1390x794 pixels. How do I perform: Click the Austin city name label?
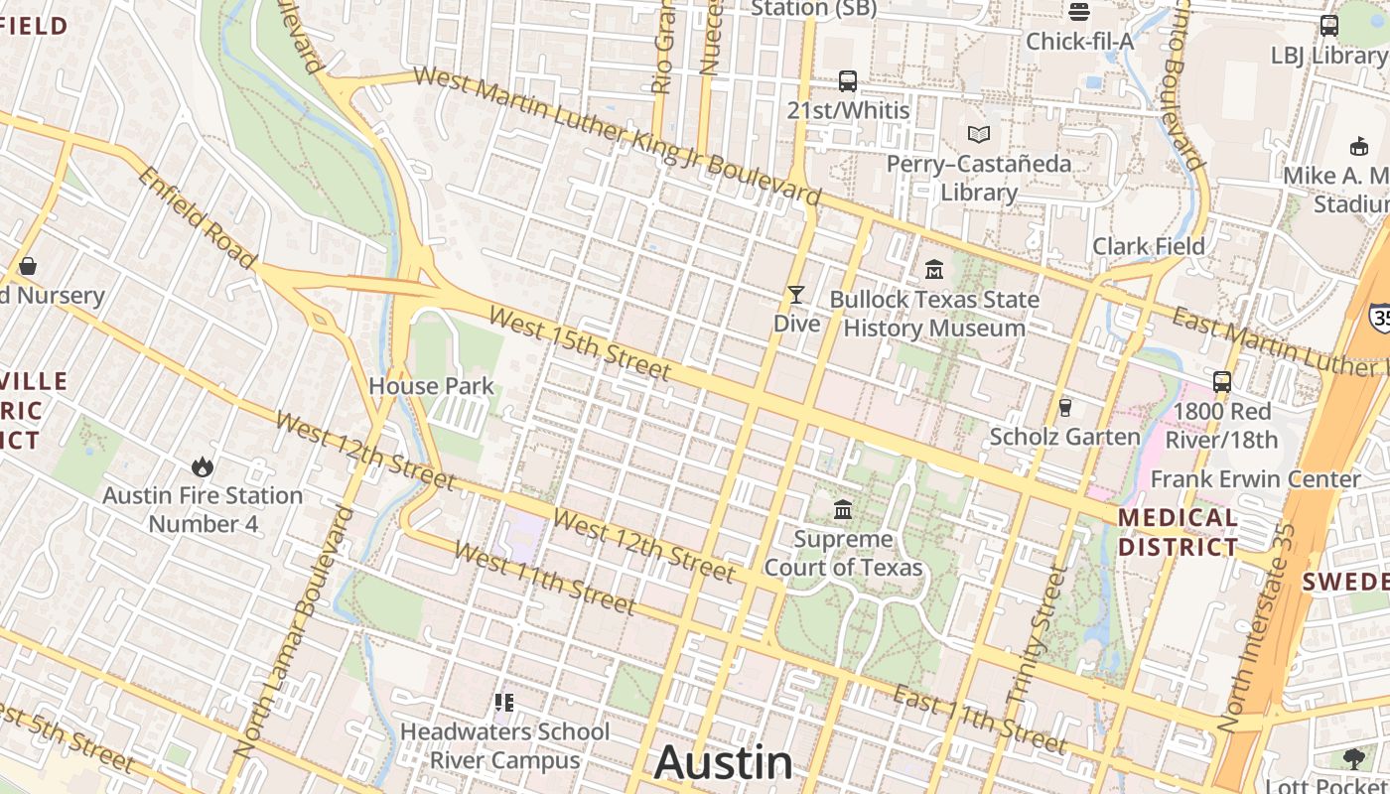pyautogui.click(x=724, y=762)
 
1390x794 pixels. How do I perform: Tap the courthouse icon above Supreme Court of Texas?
pyautogui.click(x=843, y=510)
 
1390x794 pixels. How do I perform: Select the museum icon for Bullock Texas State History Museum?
pyautogui.click(x=934, y=269)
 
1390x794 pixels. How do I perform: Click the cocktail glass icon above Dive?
pyautogui.click(x=796, y=295)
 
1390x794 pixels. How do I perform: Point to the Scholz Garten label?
pyautogui.click(x=1065, y=437)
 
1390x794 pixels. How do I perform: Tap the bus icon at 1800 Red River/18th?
pyautogui.click(x=1222, y=382)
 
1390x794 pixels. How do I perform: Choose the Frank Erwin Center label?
pyautogui.click(x=1256, y=479)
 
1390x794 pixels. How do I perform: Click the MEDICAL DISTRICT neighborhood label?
pyautogui.click(x=1179, y=532)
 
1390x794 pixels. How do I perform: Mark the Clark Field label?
pyautogui.click(x=1149, y=246)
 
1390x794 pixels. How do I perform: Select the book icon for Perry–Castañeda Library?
pyautogui.click(x=979, y=135)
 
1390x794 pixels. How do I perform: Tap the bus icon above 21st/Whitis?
pyautogui.click(x=848, y=81)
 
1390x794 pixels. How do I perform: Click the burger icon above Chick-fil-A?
pyautogui.click(x=1079, y=12)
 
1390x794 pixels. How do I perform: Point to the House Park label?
pyautogui.click(x=431, y=385)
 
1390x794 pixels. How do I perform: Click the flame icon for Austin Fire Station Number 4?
pyautogui.click(x=203, y=466)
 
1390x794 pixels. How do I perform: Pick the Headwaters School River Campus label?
pyautogui.click(x=505, y=746)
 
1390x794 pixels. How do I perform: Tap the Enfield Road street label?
pyautogui.click(x=197, y=216)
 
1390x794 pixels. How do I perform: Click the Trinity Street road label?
pyautogui.click(x=1037, y=635)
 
